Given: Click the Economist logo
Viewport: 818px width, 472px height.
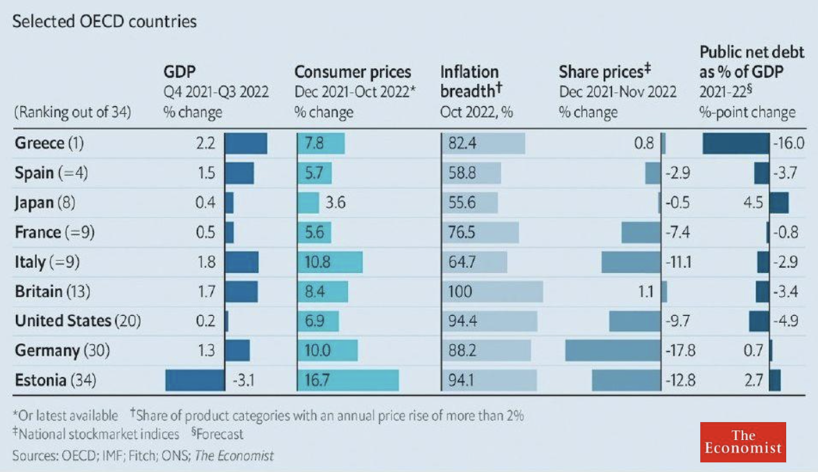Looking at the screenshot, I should point(742,441).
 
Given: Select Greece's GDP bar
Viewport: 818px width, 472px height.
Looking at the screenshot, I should point(246,144).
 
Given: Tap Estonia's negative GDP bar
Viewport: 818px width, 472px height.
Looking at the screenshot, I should point(195,380).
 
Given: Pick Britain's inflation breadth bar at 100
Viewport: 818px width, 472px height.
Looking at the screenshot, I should point(491,292).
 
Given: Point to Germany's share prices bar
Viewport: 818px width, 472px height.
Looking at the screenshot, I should point(613,351).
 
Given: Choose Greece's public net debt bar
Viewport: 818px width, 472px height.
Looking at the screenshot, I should point(736,144).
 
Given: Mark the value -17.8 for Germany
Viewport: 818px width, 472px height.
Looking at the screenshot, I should point(680,351).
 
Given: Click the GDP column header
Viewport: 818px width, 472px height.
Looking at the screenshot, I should point(180,71).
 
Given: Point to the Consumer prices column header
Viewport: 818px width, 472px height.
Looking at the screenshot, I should point(353,72).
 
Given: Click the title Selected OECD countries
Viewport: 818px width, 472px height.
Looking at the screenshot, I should point(105,22).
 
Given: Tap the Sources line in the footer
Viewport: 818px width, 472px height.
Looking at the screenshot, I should point(143,455).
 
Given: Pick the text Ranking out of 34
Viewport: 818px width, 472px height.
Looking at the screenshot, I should point(72,112).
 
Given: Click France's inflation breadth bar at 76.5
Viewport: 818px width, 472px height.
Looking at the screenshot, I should point(480,233).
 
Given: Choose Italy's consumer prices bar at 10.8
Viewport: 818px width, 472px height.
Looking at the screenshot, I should point(330,262).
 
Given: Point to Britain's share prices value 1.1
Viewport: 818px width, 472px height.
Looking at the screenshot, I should point(645,292).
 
